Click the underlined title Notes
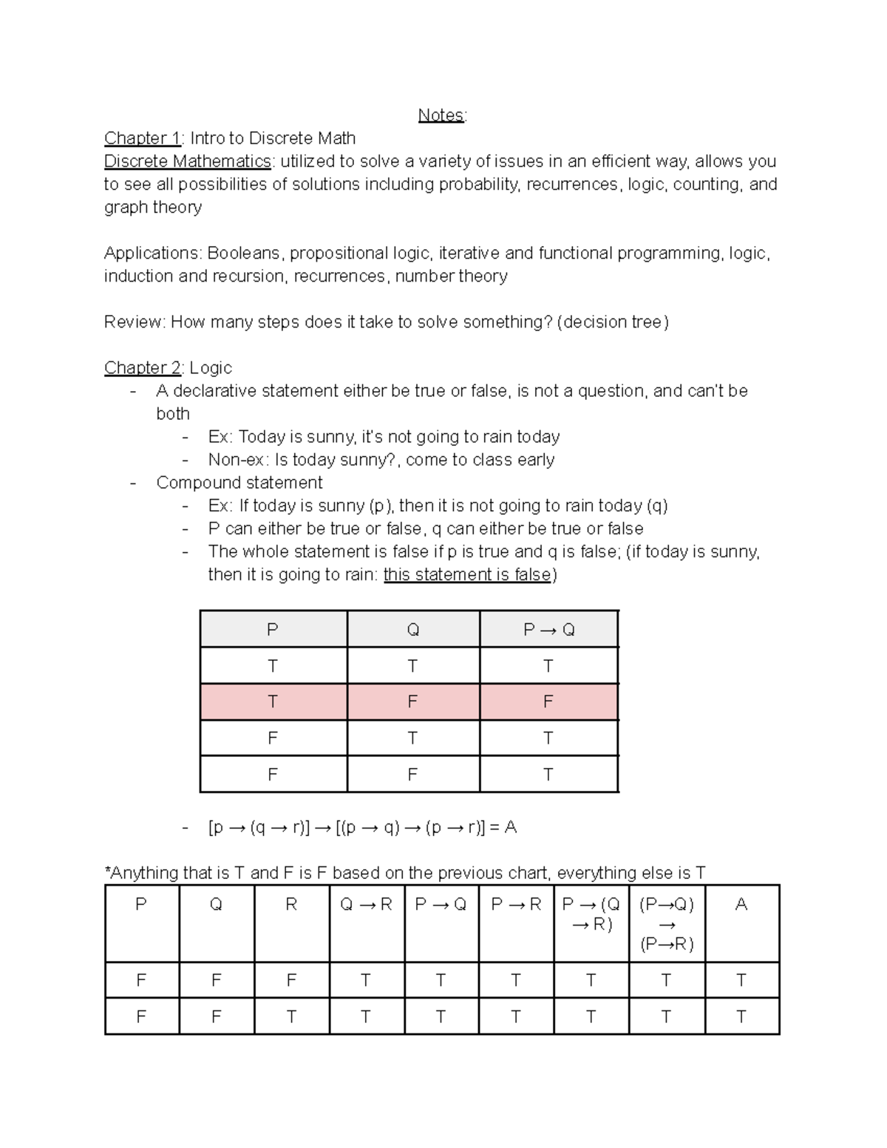pyautogui.click(x=441, y=115)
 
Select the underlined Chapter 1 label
pyautogui.click(x=142, y=138)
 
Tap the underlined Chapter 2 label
pyautogui.click(x=142, y=367)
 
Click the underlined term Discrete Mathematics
pyautogui.click(x=188, y=161)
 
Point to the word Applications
pyautogui.click(x=152, y=253)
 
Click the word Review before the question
pyautogui.click(x=134, y=322)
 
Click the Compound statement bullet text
pyautogui.click(x=239, y=483)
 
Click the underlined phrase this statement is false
pyautogui.click(x=467, y=574)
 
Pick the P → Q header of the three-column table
pyautogui.click(x=548, y=630)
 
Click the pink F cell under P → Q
pyautogui.click(x=548, y=702)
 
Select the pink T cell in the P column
pyautogui.click(x=273, y=702)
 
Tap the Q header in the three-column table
pyautogui.click(x=412, y=630)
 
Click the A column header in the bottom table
pyautogui.click(x=741, y=904)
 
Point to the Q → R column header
pyautogui.click(x=366, y=904)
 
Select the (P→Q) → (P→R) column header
pyautogui.click(x=666, y=924)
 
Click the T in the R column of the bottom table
pyautogui.click(x=291, y=1016)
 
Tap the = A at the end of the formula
pyautogui.click(x=503, y=827)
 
